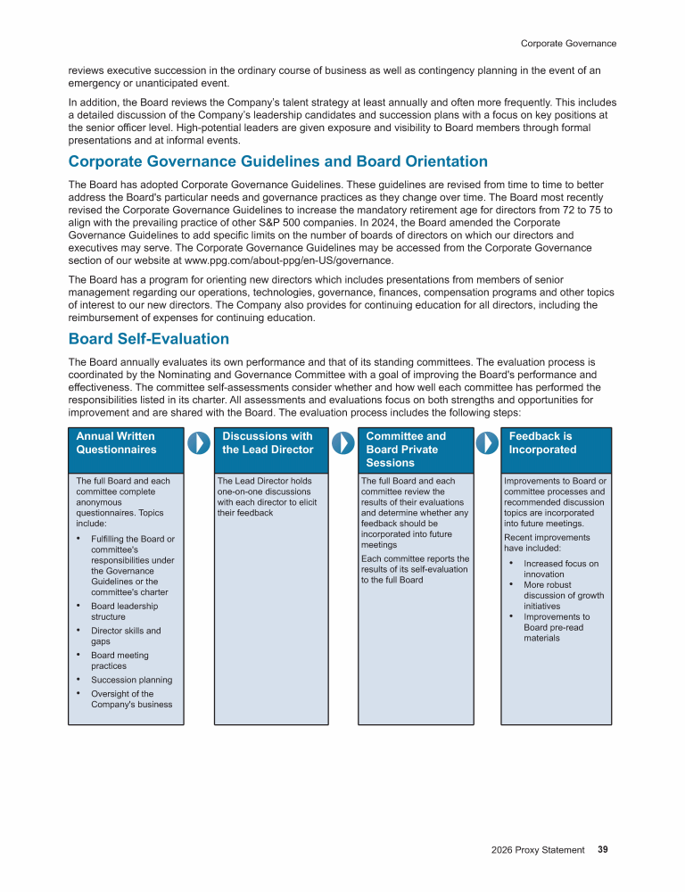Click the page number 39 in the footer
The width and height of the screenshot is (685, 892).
point(603,850)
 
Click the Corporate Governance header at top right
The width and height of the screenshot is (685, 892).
point(568,43)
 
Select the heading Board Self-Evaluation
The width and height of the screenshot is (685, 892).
point(149,339)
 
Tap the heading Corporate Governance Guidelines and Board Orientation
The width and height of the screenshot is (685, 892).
point(278,161)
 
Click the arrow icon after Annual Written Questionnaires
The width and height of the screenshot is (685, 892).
point(198,442)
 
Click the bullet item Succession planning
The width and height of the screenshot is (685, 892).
point(131,680)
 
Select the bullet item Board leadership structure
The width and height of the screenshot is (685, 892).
point(125,611)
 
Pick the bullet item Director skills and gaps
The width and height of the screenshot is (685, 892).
point(126,636)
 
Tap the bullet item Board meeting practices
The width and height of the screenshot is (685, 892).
point(120,661)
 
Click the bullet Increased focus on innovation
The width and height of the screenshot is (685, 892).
point(560,569)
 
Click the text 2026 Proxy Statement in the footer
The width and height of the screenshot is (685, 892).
point(537,850)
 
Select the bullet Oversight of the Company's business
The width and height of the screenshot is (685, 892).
point(131,699)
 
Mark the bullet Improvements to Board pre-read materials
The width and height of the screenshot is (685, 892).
point(557,627)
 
